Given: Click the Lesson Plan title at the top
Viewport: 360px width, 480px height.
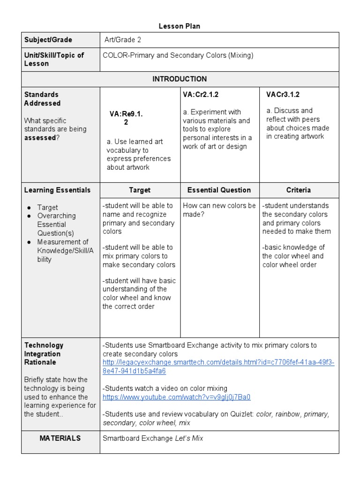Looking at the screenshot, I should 180,26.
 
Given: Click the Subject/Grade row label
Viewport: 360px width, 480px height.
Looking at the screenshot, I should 48,40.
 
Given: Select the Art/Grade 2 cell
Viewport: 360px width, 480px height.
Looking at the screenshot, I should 123,40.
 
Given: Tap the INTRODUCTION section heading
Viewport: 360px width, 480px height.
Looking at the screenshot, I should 180,79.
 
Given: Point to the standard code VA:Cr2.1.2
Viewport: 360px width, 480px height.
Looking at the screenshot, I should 201,94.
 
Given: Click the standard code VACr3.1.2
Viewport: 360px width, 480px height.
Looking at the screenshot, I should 283,94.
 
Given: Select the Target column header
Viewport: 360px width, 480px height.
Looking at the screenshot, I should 140,190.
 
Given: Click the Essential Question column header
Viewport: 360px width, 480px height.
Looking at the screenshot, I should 219,190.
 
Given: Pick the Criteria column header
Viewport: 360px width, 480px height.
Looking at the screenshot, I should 299,190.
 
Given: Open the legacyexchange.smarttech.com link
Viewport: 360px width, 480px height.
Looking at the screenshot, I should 218,367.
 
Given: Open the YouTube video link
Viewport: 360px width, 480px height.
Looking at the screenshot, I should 176,397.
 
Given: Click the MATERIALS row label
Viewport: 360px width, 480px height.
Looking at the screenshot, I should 60,438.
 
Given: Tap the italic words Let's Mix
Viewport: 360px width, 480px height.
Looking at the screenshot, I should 189,439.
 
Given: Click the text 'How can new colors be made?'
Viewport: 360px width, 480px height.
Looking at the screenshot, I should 219,210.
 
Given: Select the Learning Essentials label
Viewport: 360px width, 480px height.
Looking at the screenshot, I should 57,190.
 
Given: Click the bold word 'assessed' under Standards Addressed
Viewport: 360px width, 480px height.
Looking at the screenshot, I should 40,138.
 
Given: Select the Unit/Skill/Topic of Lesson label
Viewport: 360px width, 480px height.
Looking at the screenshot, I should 54,59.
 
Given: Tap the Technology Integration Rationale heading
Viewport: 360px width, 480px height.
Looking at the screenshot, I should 44,353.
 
